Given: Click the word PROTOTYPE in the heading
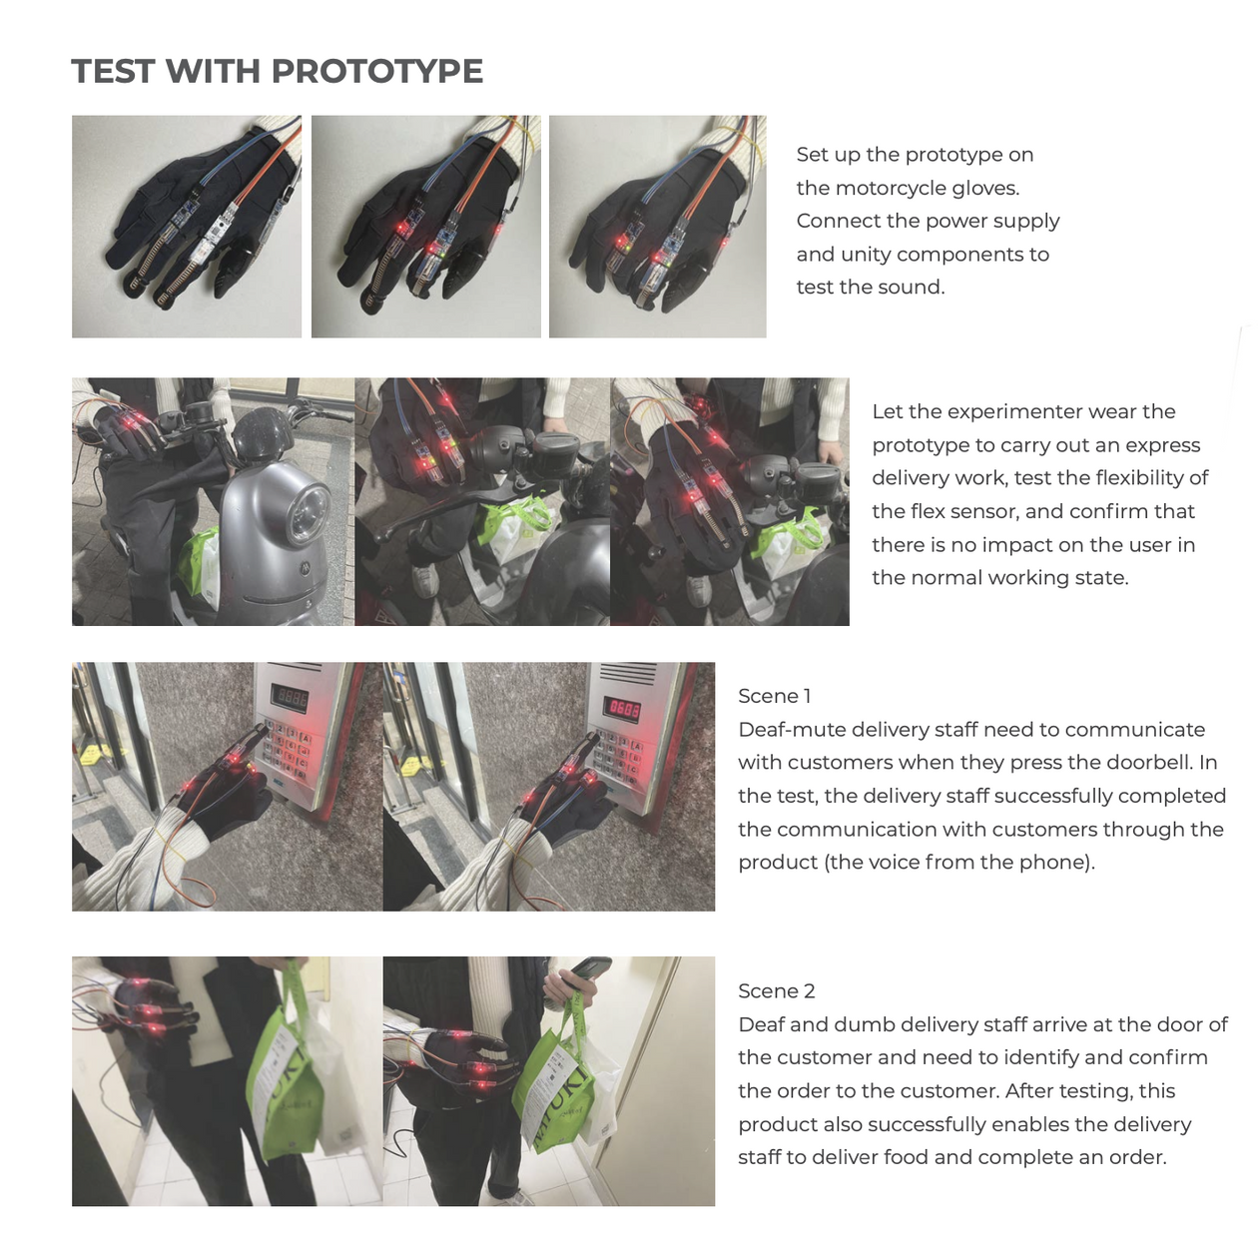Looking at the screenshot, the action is pos(376,71).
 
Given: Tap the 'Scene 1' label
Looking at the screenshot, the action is pos(774,695).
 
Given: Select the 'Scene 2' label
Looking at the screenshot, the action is pos(776,990).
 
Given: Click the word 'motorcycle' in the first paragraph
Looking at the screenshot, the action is pos(891,188).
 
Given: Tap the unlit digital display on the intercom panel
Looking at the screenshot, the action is pos(290,699).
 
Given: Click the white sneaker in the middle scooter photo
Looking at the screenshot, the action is pos(424,581).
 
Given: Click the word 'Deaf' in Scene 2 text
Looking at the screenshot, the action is pos(760,1023).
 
